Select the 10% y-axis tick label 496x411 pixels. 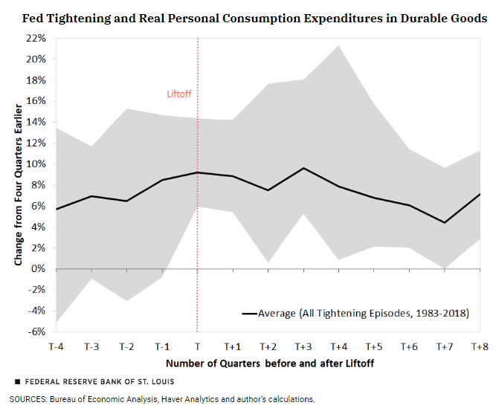pos(36,164)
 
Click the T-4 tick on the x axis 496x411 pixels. pos(57,346)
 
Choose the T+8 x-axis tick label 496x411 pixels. pos(480,346)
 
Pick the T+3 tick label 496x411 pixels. pos(303,346)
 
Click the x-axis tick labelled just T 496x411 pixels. pos(197,346)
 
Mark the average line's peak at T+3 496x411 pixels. pos(303,168)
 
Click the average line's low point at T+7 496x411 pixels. pos(445,222)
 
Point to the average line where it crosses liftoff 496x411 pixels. pos(197,172)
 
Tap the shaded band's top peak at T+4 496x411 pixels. pos(339,46)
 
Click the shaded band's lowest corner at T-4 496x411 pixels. pos(57,323)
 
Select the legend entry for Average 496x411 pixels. pos(355,313)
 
